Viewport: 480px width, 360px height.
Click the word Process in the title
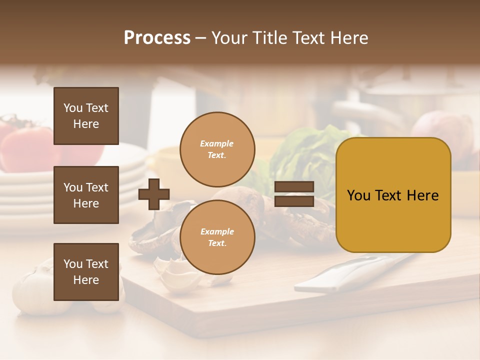[157, 38]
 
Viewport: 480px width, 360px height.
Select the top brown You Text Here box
[86, 116]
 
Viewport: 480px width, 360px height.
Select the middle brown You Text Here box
[86, 195]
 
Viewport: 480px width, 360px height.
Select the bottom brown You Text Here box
[86, 271]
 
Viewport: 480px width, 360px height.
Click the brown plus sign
[154, 193]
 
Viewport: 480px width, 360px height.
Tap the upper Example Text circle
[217, 149]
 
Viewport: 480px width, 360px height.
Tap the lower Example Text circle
[217, 237]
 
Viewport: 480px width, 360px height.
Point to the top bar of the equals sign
[294, 187]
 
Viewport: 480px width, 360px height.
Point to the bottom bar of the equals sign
[294, 201]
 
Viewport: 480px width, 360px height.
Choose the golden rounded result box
[393, 195]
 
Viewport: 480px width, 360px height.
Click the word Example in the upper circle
[217, 143]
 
